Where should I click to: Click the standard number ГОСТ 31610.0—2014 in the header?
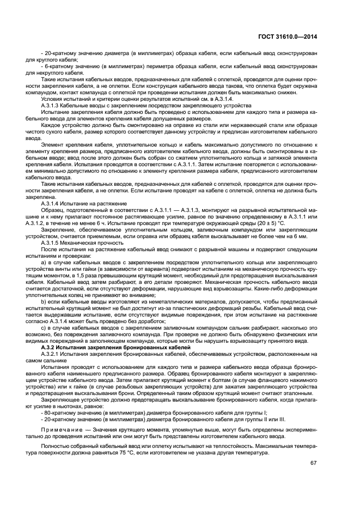coord(288,37)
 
